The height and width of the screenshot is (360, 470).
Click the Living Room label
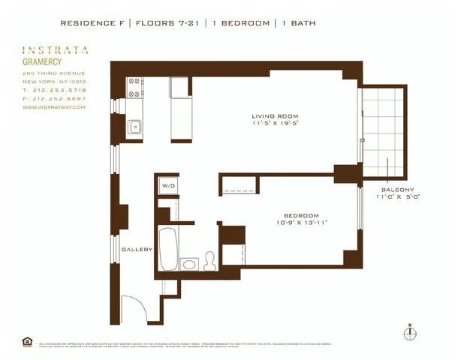274,115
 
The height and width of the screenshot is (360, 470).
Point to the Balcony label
398,190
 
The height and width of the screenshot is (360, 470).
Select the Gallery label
137,250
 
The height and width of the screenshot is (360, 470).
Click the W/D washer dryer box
167,184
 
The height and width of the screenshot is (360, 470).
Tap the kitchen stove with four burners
135,88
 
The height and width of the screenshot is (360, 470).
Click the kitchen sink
135,127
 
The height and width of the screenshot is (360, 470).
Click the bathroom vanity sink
190,264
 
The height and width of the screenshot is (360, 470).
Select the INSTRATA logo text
56,50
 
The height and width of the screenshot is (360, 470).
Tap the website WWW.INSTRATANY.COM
54,107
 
